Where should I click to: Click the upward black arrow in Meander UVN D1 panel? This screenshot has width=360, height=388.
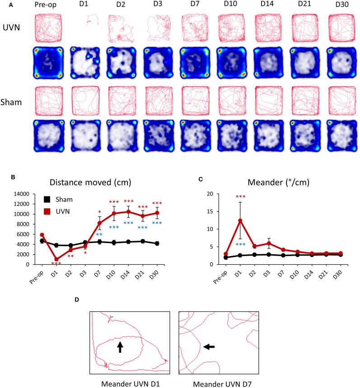[x=120, y=346]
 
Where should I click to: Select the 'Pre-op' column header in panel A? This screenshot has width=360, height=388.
[x=46, y=5]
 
